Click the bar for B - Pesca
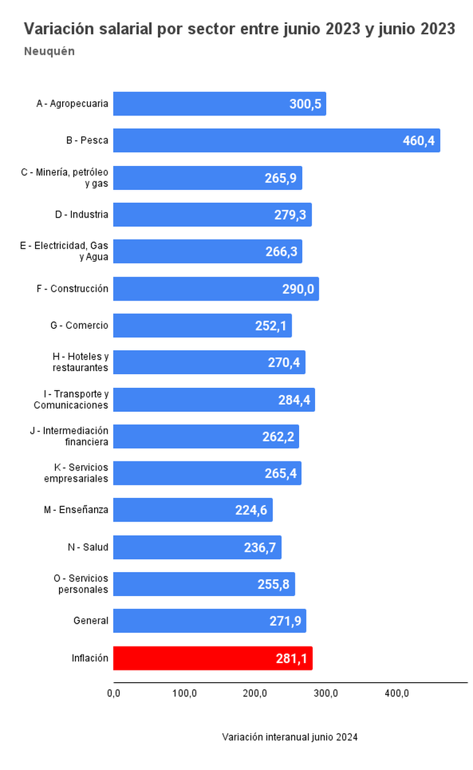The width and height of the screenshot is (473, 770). click(276, 140)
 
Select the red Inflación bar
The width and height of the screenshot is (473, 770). click(213, 658)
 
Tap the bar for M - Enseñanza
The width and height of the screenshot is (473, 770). click(192, 510)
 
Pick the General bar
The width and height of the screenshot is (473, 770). click(209, 621)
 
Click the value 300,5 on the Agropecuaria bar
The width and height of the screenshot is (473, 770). click(305, 104)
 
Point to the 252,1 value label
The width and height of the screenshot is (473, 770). click(271, 326)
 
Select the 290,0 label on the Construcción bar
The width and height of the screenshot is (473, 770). click(298, 289)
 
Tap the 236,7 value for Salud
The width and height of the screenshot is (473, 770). click(260, 548)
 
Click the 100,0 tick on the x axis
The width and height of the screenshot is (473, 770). click(184, 694)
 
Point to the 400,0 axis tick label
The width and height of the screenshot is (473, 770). click(397, 694)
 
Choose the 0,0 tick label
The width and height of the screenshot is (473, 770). click(114, 694)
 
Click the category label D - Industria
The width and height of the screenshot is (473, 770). click(81, 214)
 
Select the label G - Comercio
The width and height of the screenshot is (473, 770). click(79, 325)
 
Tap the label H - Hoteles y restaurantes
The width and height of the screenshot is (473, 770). click(80, 362)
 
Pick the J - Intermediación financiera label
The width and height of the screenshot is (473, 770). click(69, 436)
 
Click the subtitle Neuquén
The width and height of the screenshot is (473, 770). click(49, 52)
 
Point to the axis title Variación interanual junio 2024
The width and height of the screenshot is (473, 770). click(290, 737)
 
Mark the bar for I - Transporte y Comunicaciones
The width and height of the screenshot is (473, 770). click(214, 399)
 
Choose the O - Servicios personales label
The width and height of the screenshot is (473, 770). click(81, 584)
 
